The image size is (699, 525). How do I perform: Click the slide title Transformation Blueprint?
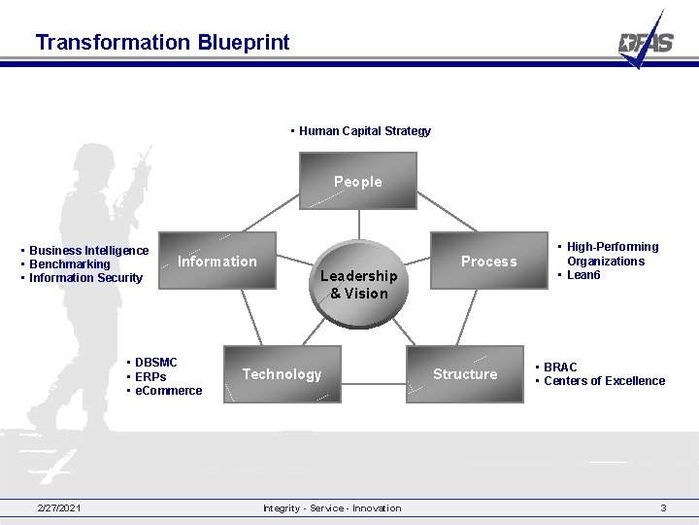(162, 42)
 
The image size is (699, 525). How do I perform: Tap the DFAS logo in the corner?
(646, 41)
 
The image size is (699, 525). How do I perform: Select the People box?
(358, 183)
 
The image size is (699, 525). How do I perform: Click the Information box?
(217, 261)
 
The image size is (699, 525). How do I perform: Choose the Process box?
(489, 261)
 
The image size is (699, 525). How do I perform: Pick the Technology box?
(282, 374)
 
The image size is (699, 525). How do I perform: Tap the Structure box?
(465, 374)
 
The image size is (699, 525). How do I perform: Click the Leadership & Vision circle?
(358, 285)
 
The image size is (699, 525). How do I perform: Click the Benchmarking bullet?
(69, 264)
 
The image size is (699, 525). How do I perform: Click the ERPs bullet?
(150, 377)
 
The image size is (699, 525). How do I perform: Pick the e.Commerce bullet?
(168, 391)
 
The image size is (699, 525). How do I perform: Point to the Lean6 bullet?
(583, 275)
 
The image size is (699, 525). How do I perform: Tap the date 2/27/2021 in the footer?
(59, 507)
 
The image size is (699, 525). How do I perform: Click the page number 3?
(663, 507)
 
